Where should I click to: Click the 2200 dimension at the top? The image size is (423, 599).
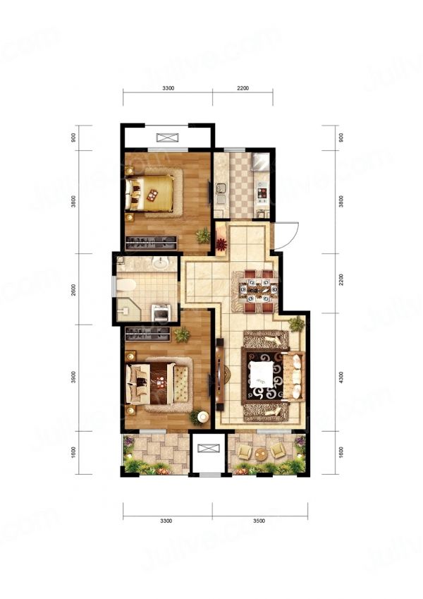click(243, 88)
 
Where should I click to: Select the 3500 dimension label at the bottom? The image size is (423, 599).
click(259, 521)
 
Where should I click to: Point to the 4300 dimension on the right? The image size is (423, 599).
click(341, 377)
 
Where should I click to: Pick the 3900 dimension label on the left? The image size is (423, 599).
click(73, 377)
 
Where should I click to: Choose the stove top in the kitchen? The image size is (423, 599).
click(262, 192)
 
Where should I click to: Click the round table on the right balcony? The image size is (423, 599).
click(262, 454)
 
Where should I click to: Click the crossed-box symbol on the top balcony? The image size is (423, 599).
click(167, 138)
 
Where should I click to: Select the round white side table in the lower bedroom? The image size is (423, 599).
click(203, 417)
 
